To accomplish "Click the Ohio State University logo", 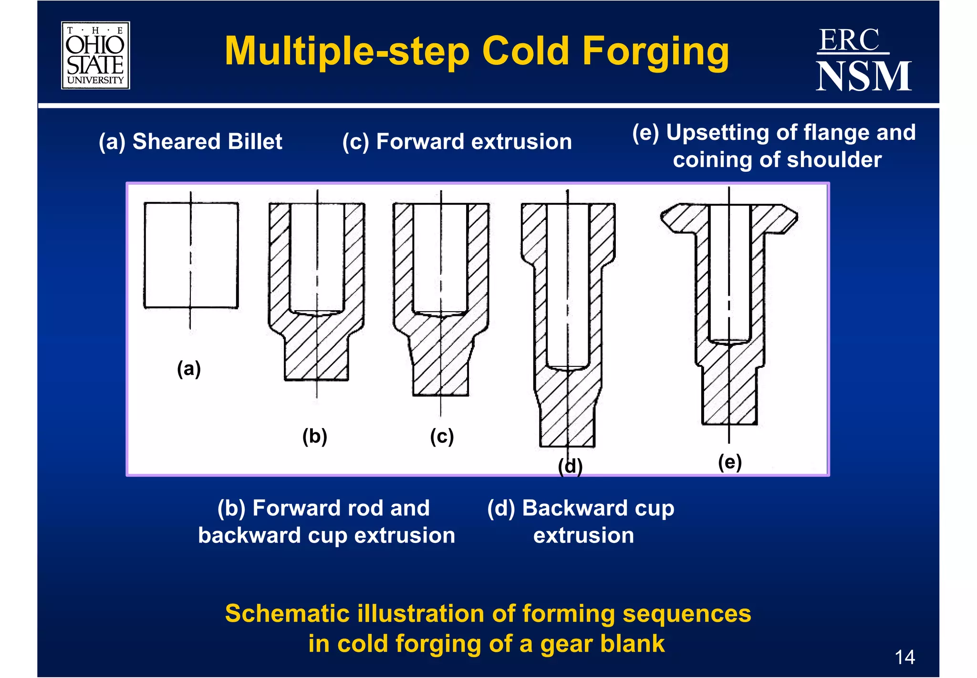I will [x=95, y=55].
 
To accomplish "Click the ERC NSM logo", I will [x=863, y=60].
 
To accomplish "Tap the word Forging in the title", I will [x=655, y=51].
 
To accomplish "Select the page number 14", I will [x=904, y=657].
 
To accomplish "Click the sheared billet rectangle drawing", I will [x=191, y=255].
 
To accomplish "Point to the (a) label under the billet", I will [x=189, y=369].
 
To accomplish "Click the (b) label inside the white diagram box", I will [x=315, y=436].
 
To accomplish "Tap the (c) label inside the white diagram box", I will [x=442, y=436].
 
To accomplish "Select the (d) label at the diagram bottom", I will [x=570, y=466].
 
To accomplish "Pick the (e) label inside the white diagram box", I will [x=730, y=462].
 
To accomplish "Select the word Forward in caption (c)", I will [x=420, y=142].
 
